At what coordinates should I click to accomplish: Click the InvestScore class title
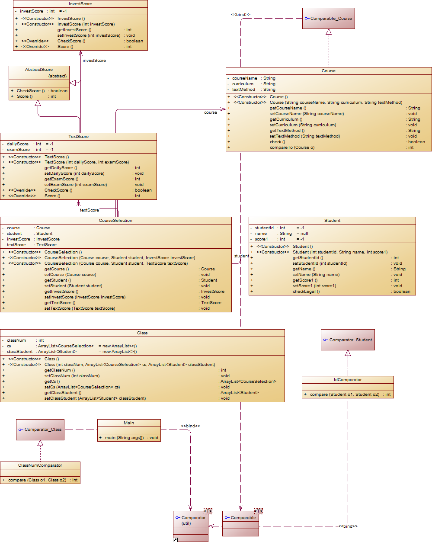(x=80, y=4)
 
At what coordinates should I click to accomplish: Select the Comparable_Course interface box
(x=329, y=19)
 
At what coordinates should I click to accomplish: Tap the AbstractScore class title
(x=39, y=70)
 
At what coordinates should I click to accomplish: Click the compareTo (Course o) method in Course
(x=292, y=148)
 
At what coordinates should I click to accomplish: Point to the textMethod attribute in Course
(x=243, y=90)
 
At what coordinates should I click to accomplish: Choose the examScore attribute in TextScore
(x=19, y=150)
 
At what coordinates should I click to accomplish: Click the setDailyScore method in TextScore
(x=74, y=173)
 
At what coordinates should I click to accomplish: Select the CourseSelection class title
(x=115, y=221)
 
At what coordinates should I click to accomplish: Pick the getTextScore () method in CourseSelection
(x=60, y=303)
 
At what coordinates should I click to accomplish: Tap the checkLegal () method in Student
(x=306, y=292)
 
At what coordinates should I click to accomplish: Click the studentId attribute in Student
(x=264, y=228)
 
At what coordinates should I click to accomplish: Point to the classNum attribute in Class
(x=16, y=340)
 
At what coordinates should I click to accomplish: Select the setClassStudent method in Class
(x=95, y=398)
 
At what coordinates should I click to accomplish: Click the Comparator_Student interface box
(x=348, y=340)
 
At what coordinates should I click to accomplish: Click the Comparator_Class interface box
(x=40, y=430)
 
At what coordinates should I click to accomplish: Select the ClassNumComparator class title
(x=40, y=465)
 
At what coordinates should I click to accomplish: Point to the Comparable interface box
(x=240, y=518)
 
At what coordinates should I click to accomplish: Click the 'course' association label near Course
(x=211, y=112)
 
